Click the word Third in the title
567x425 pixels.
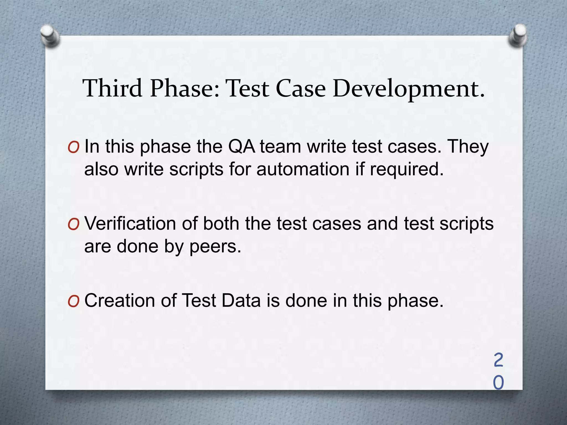[112, 88]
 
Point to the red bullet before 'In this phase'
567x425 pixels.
[73, 148]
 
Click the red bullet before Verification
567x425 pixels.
[73, 225]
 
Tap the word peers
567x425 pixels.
[215, 247]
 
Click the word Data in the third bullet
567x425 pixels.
[241, 300]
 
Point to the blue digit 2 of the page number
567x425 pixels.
[498, 360]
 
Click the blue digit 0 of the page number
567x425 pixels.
[498, 383]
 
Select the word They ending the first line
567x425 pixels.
[468, 147]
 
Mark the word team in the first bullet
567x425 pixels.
[280, 147]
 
